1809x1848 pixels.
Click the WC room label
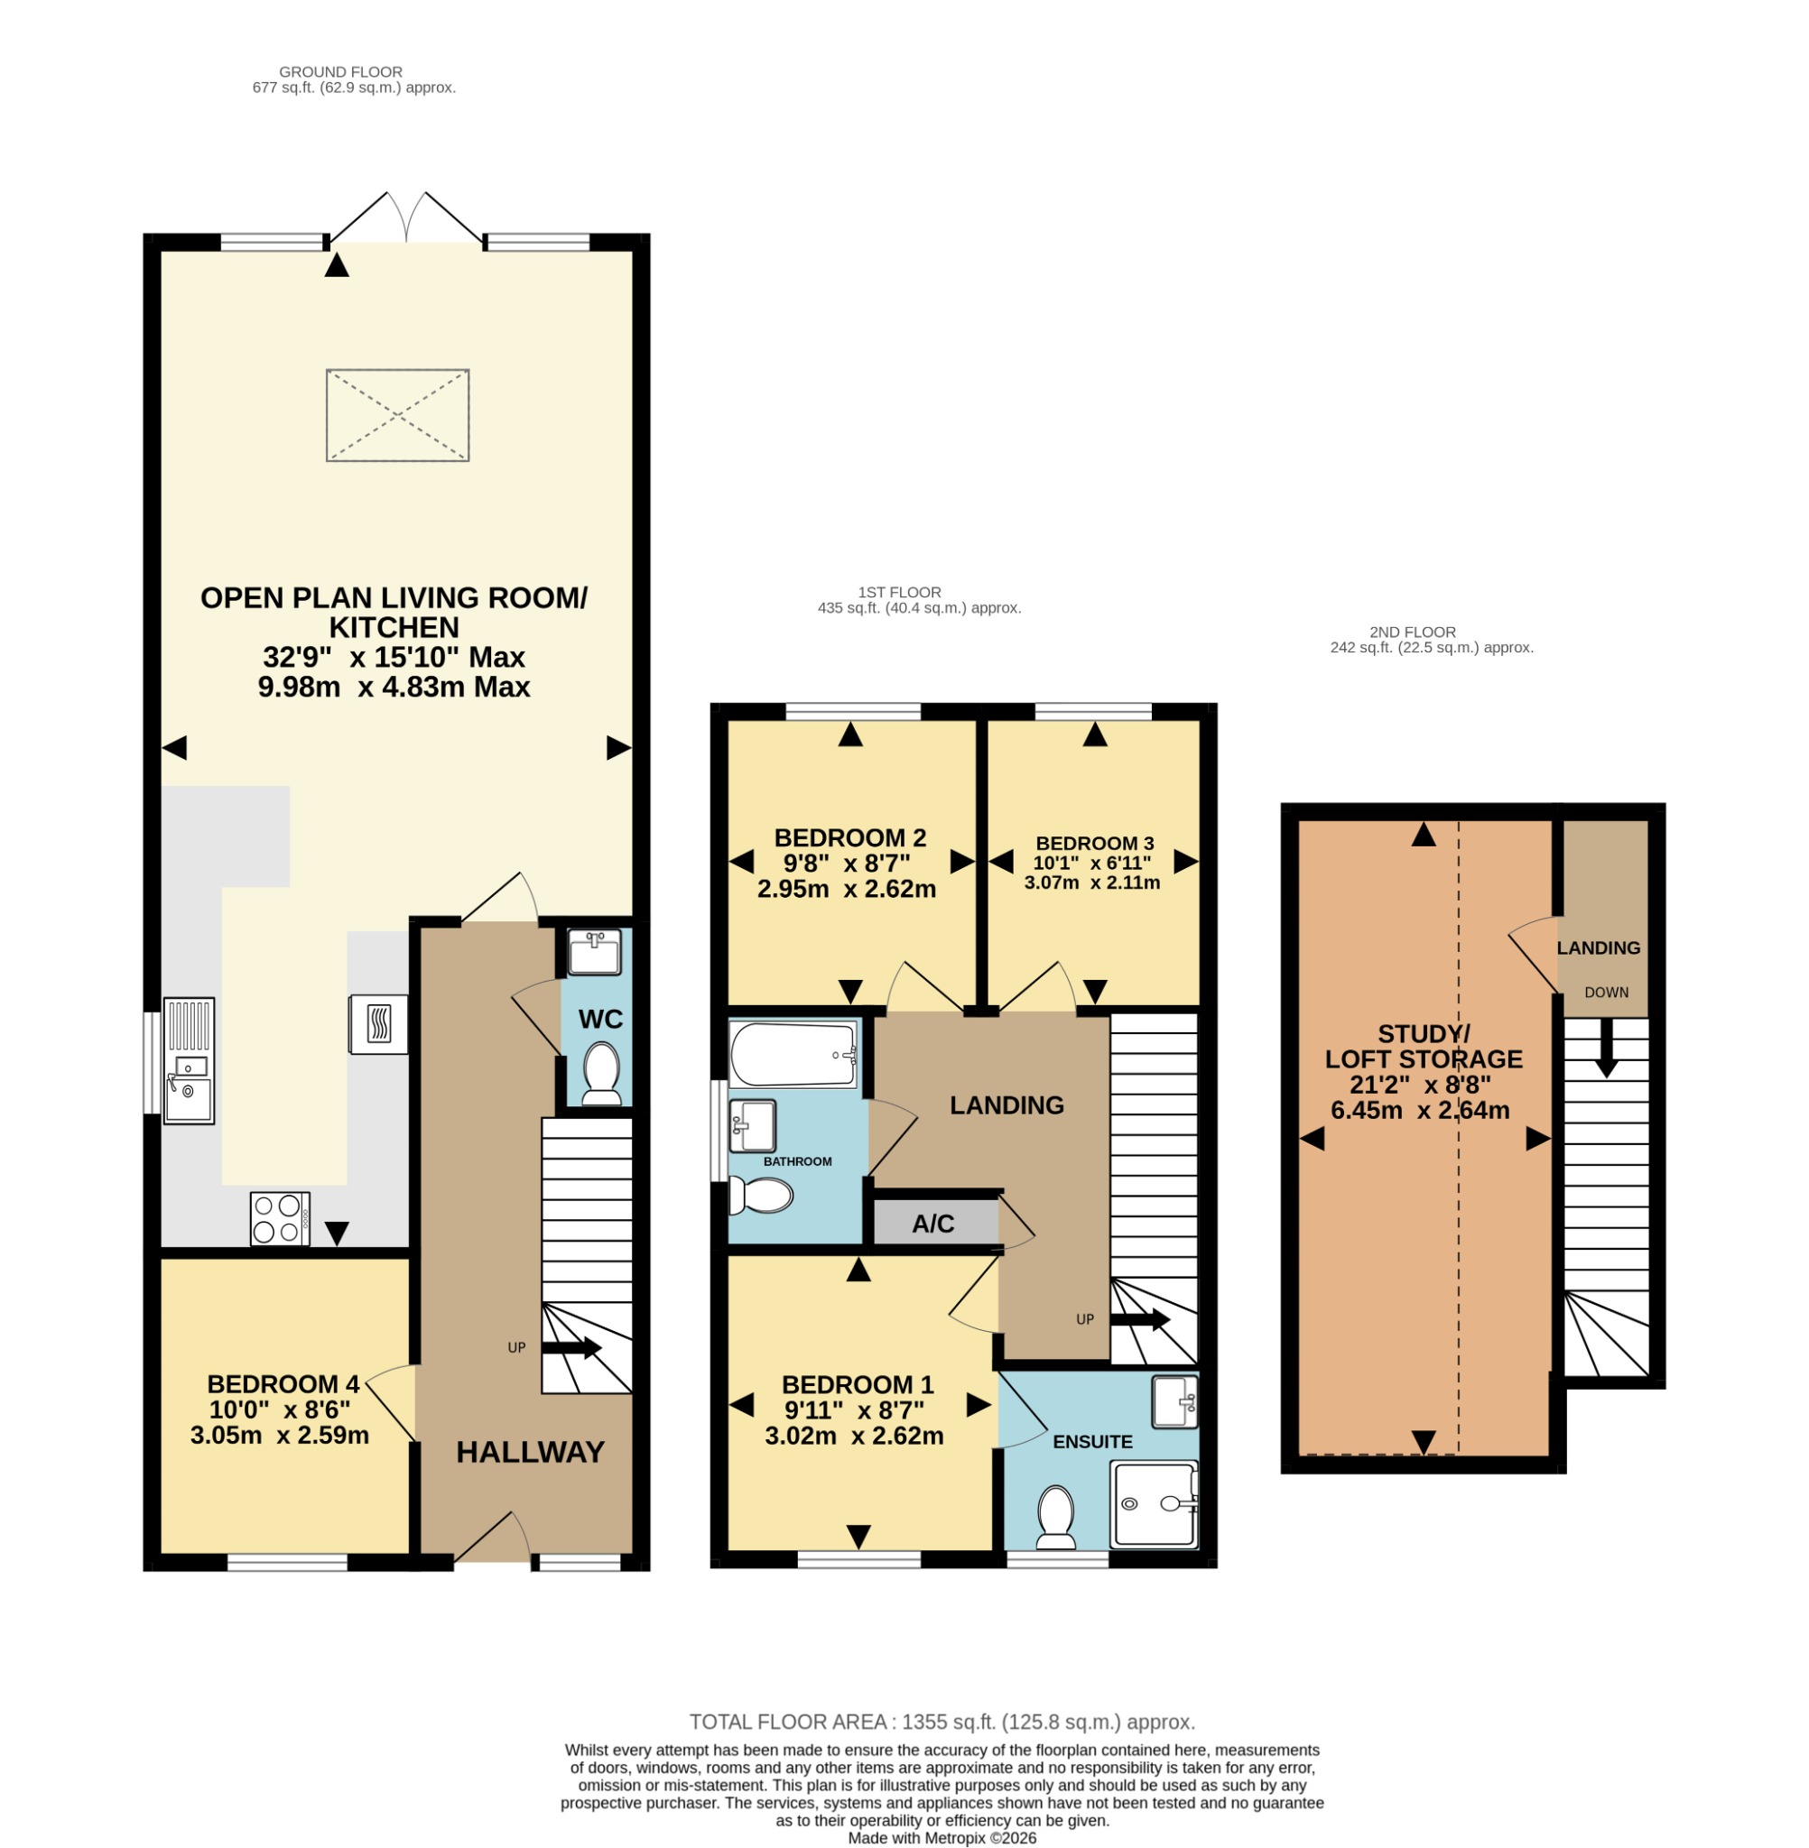pos(600,1019)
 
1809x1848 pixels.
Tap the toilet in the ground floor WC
pos(600,1074)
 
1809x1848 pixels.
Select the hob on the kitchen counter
pos(280,1218)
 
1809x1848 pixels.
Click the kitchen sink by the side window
pos(189,1061)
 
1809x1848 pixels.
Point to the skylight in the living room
pos(397,416)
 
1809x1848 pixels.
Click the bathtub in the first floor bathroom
pos(794,1054)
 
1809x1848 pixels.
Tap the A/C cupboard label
pos(933,1224)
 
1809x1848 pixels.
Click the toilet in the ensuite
pos(1055,1517)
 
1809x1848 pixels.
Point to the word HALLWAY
pos(530,1452)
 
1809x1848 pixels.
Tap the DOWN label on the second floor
pos(1607,993)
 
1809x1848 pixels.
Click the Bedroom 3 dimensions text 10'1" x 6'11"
pos(1092,864)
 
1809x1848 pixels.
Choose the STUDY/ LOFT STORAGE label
pos(1424,1047)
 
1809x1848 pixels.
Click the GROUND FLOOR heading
pos(341,72)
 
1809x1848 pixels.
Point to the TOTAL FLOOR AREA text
pos(942,1722)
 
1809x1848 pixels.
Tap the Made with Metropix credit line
pos(942,1838)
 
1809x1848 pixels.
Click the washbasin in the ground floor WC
pos(595,953)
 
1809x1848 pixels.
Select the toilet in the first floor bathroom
pos(761,1196)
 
